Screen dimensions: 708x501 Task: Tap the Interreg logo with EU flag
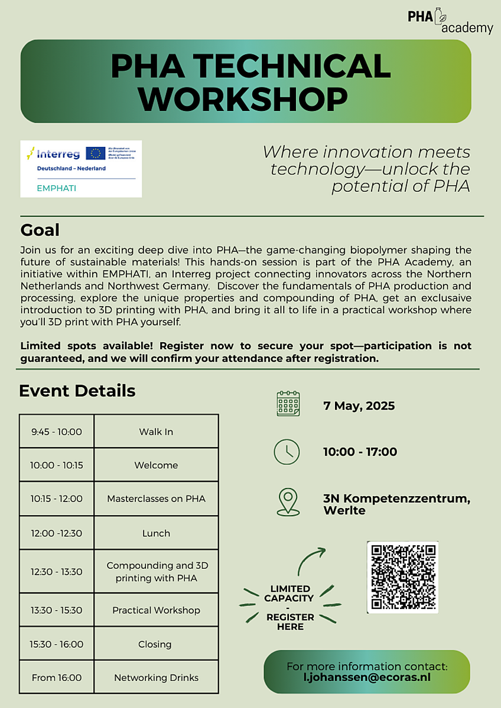coord(81,168)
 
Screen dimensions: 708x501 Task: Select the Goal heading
coord(40,229)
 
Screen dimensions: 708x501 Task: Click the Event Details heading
coord(77,391)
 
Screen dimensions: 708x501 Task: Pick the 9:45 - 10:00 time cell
coord(57,432)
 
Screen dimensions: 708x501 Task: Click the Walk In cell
coord(156,432)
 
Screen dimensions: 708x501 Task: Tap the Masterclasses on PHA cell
coord(156,499)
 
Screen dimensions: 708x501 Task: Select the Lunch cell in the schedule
coord(156,533)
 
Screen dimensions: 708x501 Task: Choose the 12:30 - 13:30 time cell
coord(57,572)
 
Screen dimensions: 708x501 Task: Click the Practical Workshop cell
coord(156,610)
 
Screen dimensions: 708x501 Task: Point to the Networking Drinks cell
coord(156,677)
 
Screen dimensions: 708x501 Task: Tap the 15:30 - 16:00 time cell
coord(57,644)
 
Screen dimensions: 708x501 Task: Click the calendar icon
coord(288,404)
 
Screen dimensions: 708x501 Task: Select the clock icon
coord(287,452)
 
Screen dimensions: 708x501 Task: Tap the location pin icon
coord(287,502)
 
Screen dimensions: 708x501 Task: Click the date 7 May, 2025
coord(359,406)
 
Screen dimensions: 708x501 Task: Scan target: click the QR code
coord(402,577)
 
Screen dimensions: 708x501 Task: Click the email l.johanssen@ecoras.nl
coord(367,677)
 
